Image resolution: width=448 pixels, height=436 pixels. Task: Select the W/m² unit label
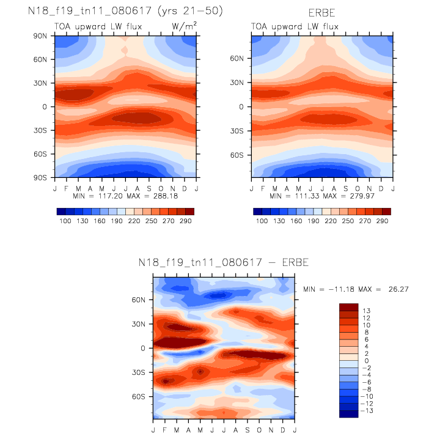(x=184, y=27)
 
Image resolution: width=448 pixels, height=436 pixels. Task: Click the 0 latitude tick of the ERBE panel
(x=244, y=106)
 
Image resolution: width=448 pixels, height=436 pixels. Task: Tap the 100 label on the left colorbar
(x=64, y=221)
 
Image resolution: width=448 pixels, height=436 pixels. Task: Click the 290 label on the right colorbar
(x=383, y=221)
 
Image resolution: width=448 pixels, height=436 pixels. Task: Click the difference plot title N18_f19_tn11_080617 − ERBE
(x=224, y=263)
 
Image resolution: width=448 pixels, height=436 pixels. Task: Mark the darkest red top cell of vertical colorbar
(x=348, y=306)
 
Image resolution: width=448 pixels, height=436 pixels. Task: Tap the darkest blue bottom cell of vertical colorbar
(x=348, y=413)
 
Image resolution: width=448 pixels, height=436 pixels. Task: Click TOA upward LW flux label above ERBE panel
(x=295, y=27)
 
